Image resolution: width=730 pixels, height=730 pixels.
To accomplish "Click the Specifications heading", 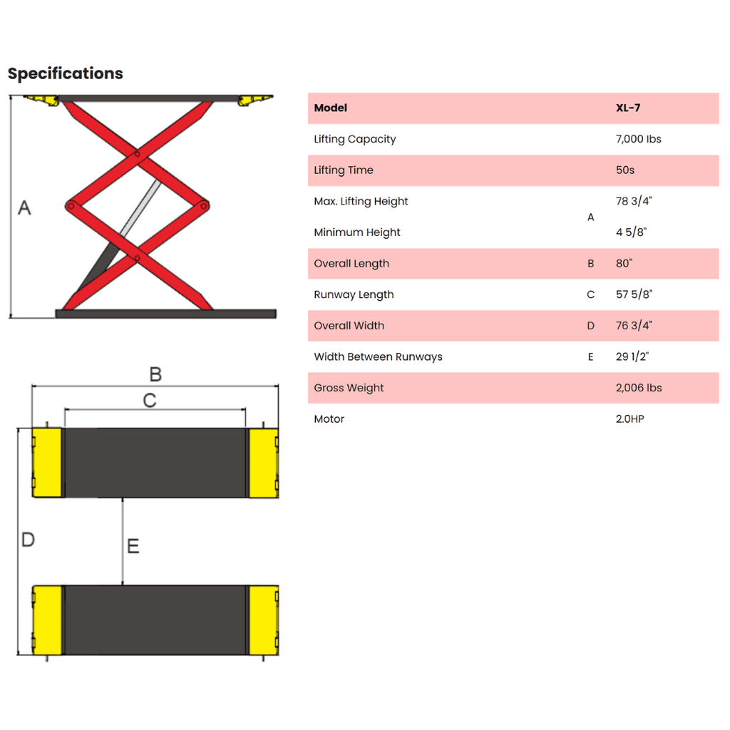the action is point(66,73).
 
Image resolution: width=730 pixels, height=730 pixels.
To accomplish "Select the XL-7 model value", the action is point(628,108).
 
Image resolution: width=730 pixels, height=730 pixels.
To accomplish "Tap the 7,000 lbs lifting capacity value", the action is point(638,139).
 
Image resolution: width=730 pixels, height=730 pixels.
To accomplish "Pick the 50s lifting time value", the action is point(624,170).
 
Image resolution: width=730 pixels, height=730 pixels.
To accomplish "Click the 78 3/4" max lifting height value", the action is point(634,201).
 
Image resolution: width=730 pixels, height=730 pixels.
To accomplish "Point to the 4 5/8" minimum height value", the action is point(632,232).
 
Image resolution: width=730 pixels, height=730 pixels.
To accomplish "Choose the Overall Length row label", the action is point(351,264).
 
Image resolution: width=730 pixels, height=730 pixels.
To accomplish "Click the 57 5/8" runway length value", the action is point(634,294).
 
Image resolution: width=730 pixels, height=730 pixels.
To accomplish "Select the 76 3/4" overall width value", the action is point(634,325).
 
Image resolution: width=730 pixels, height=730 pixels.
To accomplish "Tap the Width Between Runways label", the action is point(378,356).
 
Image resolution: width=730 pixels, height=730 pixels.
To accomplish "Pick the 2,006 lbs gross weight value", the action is point(639,388).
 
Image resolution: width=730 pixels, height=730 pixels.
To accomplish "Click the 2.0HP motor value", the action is point(630,419).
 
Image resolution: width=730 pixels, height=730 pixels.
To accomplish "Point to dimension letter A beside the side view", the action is point(25,207).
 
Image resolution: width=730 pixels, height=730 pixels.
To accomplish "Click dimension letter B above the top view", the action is point(155,374).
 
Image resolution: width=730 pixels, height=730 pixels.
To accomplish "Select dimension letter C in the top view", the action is point(150,401).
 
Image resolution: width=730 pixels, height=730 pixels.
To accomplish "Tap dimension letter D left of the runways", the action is point(28,540).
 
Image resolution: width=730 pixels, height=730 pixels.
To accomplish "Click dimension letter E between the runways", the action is point(133,545).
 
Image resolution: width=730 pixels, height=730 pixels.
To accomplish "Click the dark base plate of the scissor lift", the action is point(165,314).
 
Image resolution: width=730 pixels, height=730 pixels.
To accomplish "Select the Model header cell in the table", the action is point(331,108).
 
